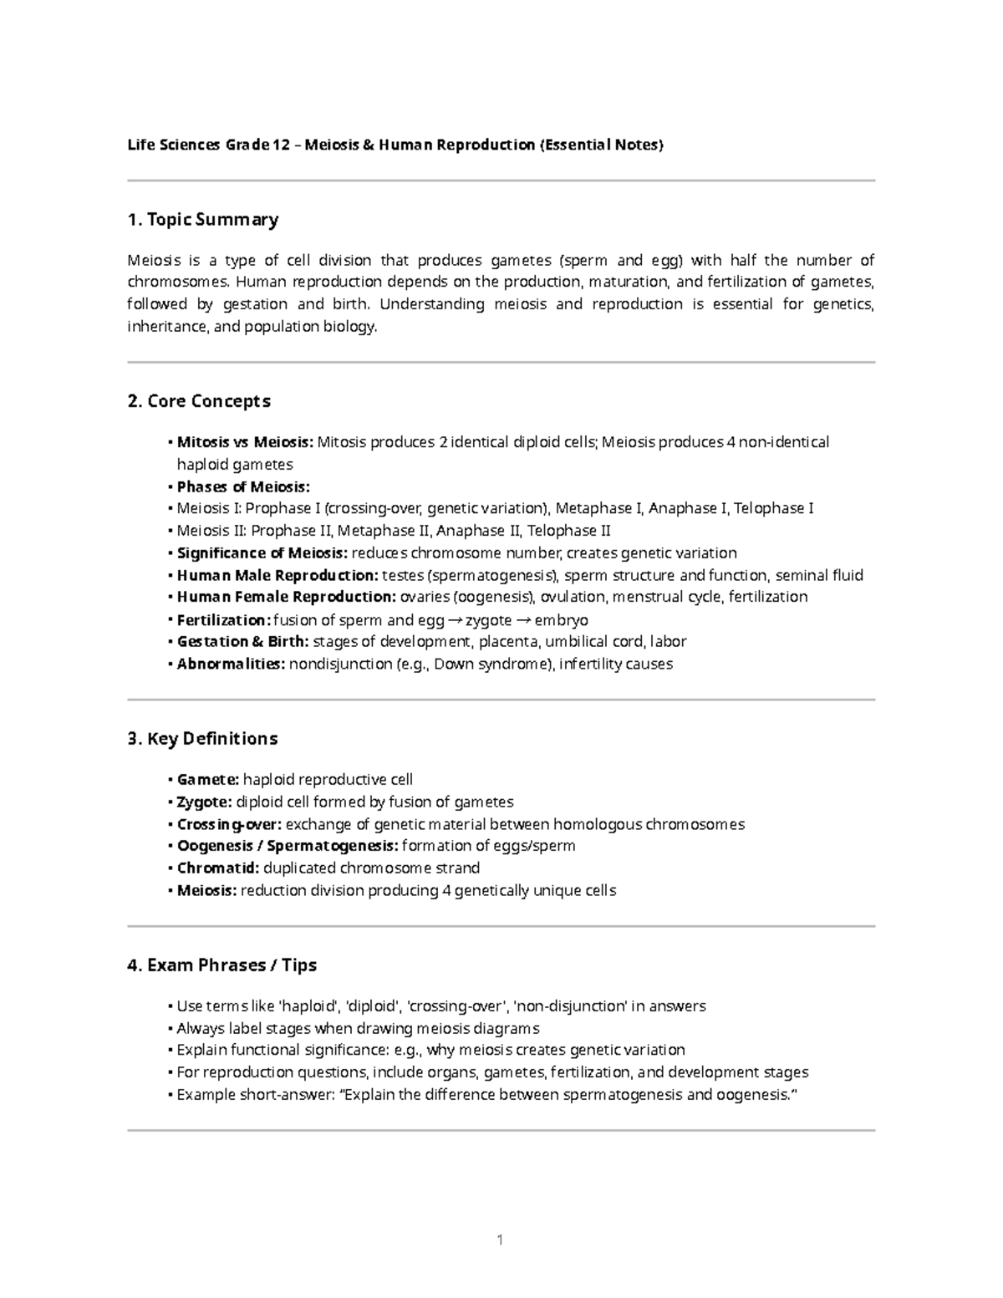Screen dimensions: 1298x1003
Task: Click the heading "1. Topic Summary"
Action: [x=202, y=220]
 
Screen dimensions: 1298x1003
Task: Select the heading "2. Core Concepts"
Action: [x=199, y=401]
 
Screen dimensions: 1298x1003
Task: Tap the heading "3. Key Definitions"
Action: [x=202, y=739]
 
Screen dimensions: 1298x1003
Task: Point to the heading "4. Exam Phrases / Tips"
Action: [x=221, y=965]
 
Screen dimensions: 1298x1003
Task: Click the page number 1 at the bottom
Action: [x=500, y=1240]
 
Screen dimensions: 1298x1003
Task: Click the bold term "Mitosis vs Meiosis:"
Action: [x=245, y=442]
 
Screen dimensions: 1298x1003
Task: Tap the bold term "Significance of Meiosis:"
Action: [x=262, y=553]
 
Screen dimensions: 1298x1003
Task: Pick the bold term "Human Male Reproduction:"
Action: [x=277, y=576]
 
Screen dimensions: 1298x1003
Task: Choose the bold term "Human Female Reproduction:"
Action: [x=286, y=598]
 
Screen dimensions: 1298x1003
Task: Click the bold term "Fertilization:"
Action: [x=223, y=620]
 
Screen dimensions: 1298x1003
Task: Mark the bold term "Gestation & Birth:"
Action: [x=242, y=642]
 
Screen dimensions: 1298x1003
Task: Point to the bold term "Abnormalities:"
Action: [x=231, y=664]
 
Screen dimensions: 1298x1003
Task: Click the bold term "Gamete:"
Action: [x=208, y=780]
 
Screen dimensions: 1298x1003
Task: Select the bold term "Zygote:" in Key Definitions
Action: [x=205, y=802]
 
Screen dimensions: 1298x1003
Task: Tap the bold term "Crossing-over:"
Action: [x=229, y=825]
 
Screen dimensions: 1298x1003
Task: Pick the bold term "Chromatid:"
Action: [x=218, y=868]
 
